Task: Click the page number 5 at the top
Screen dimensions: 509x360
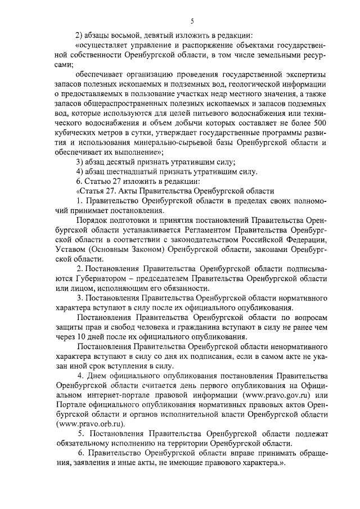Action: pos(192,21)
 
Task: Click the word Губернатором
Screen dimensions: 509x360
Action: pos(100,279)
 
